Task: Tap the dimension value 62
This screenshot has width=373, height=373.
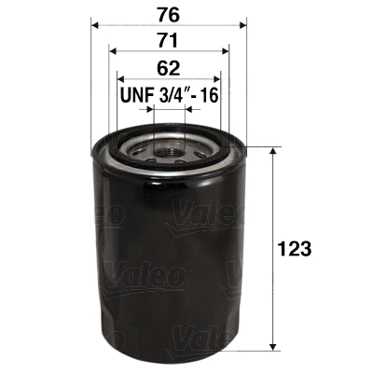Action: point(168,67)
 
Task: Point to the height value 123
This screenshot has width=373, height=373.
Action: point(294,249)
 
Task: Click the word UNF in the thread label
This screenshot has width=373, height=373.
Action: point(136,95)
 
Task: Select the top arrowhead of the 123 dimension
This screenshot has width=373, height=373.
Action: point(271,152)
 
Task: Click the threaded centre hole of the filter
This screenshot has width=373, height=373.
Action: point(169,148)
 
